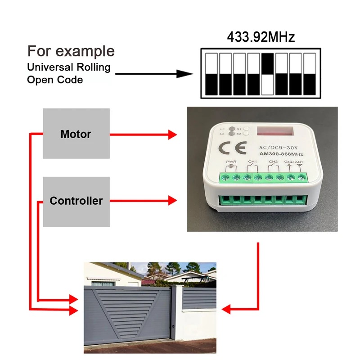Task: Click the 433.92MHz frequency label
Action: (x=261, y=37)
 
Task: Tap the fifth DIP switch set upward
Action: (x=268, y=74)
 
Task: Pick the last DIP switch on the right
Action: (x=310, y=74)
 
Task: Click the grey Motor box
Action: (x=76, y=133)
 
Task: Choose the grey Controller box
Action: (x=76, y=201)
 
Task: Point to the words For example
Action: (x=71, y=51)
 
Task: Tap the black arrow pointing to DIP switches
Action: (x=153, y=74)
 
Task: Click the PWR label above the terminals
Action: (x=232, y=161)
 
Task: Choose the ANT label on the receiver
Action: (x=299, y=162)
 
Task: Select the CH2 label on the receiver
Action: (x=273, y=161)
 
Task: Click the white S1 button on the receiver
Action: (x=246, y=128)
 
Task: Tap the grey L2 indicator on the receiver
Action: (x=231, y=134)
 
